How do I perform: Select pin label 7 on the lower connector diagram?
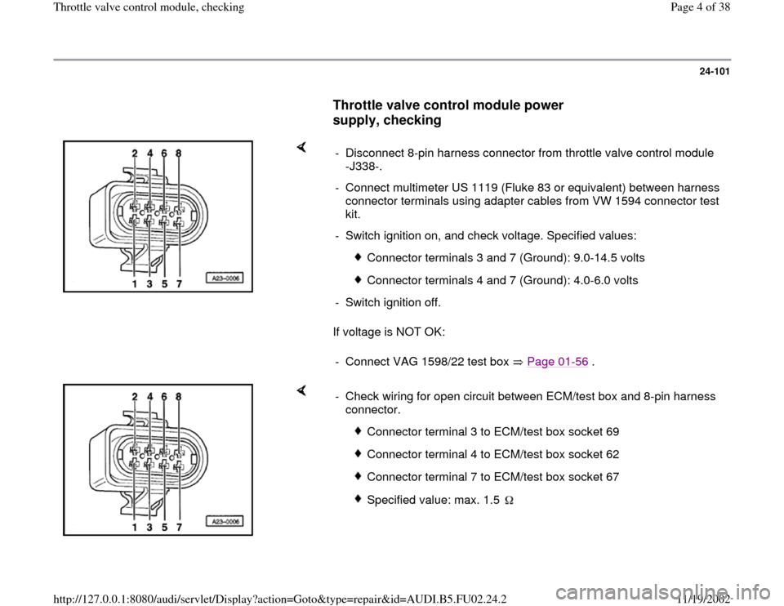click(179, 527)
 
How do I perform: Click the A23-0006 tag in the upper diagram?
click(225, 278)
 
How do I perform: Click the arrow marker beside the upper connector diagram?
click(301, 147)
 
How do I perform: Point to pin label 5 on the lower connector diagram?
click(164, 527)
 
